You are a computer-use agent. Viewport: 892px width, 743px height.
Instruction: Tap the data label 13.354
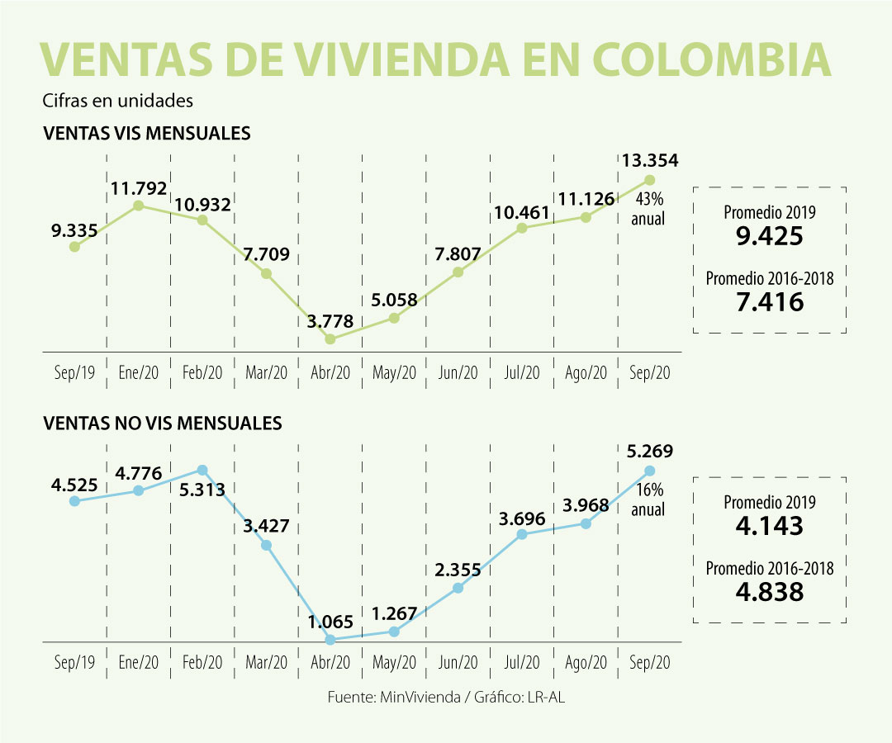649,161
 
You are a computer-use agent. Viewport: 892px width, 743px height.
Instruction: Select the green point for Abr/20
330,338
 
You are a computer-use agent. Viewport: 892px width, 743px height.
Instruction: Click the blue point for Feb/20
202,470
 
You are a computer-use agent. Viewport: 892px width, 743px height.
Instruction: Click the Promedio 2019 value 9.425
769,237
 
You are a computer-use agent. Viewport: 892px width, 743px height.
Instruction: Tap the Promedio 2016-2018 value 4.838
769,592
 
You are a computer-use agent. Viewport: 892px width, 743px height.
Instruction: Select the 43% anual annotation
648,210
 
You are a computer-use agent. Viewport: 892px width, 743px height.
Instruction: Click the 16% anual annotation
648,500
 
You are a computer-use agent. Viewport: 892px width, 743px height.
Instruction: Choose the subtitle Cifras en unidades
117,101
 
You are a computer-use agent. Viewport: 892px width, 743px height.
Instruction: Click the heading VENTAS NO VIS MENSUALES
162,424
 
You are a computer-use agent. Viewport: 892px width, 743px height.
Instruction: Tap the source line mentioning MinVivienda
446,697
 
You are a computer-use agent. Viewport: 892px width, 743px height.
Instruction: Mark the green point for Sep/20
649,179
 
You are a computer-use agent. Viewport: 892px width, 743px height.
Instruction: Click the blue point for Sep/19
74,500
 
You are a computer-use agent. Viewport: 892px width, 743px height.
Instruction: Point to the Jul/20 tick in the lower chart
521,662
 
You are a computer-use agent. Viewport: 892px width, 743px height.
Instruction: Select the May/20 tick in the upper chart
394,373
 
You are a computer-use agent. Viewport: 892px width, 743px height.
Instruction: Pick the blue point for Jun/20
458,588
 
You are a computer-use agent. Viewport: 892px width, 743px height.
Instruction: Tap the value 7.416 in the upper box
769,302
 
